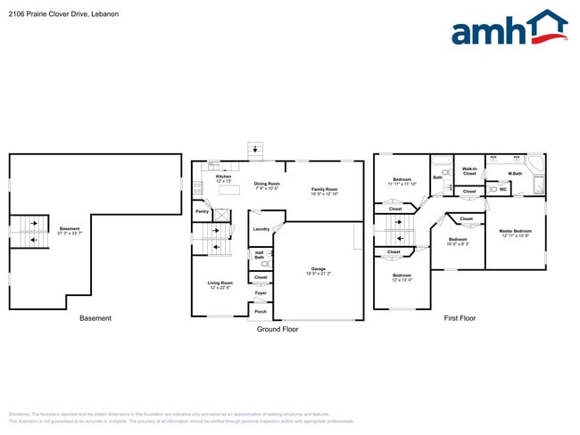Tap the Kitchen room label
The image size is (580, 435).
click(223, 178)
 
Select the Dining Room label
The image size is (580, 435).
click(267, 185)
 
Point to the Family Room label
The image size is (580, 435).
click(324, 191)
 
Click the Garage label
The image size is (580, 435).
click(319, 269)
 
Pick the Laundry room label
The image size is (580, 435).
click(261, 229)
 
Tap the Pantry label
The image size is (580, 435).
click(203, 211)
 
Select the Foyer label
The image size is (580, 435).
click(261, 293)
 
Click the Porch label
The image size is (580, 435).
click(261, 311)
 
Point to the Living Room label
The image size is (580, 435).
click(220, 284)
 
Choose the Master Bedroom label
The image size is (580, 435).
click(515, 233)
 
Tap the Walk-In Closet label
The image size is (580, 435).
click(469, 170)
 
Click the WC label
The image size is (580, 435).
click(503, 189)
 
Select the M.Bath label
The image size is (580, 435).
click(515, 174)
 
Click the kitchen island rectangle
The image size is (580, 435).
click(230, 189)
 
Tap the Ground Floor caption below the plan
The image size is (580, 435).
click(278, 329)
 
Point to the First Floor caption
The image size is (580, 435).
click(460, 318)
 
